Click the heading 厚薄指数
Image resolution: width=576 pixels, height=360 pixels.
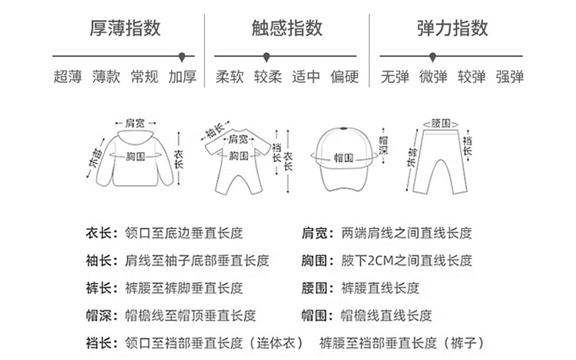(125, 28)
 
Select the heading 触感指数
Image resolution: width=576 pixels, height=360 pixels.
(286, 28)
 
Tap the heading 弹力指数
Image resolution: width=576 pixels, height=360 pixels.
(452, 28)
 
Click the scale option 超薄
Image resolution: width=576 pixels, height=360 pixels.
(68, 77)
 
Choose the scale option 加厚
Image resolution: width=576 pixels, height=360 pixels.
(183, 77)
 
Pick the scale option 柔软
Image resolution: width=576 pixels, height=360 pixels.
(230, 77)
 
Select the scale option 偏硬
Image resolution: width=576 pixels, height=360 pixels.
(344, 77)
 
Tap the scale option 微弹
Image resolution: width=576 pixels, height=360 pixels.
(432, 77)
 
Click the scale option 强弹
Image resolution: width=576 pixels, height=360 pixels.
(509, 77)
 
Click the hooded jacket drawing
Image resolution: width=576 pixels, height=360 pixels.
(138, 157)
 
